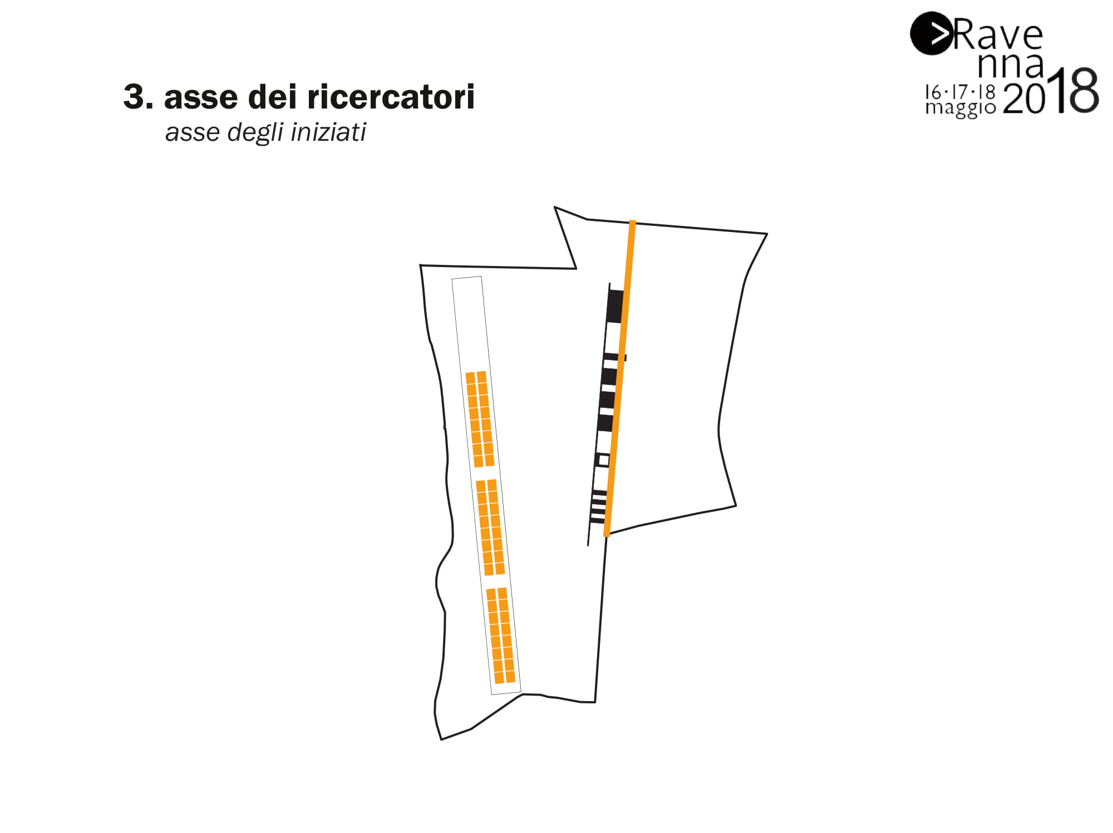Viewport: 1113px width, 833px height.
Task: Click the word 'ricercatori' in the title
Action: pos(391,97)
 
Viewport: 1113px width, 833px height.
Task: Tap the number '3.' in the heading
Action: pos(138,97)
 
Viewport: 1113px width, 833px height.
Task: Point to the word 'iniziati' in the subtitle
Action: pos(328,132)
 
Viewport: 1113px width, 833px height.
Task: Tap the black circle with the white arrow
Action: pos(930,33)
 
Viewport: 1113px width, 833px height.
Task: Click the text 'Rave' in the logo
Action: pos(998,35)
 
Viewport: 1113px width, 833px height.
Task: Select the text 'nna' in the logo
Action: pos(1011,65)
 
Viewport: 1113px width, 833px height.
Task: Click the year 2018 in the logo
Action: pos(1051,92)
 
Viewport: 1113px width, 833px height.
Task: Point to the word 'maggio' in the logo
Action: pos(960,107)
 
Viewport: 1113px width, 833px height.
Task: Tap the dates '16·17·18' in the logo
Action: pos(959,91)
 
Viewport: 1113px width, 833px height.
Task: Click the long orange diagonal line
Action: pos(619,378)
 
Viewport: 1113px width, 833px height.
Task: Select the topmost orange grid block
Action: pos(480,419)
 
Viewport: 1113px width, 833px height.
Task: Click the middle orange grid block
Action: pos(490,527)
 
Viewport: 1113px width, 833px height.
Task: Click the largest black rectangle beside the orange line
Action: pos(614,305)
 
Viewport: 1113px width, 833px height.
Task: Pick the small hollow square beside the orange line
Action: pos(603,460)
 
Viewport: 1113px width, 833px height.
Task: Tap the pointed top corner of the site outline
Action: pos(555,208)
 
